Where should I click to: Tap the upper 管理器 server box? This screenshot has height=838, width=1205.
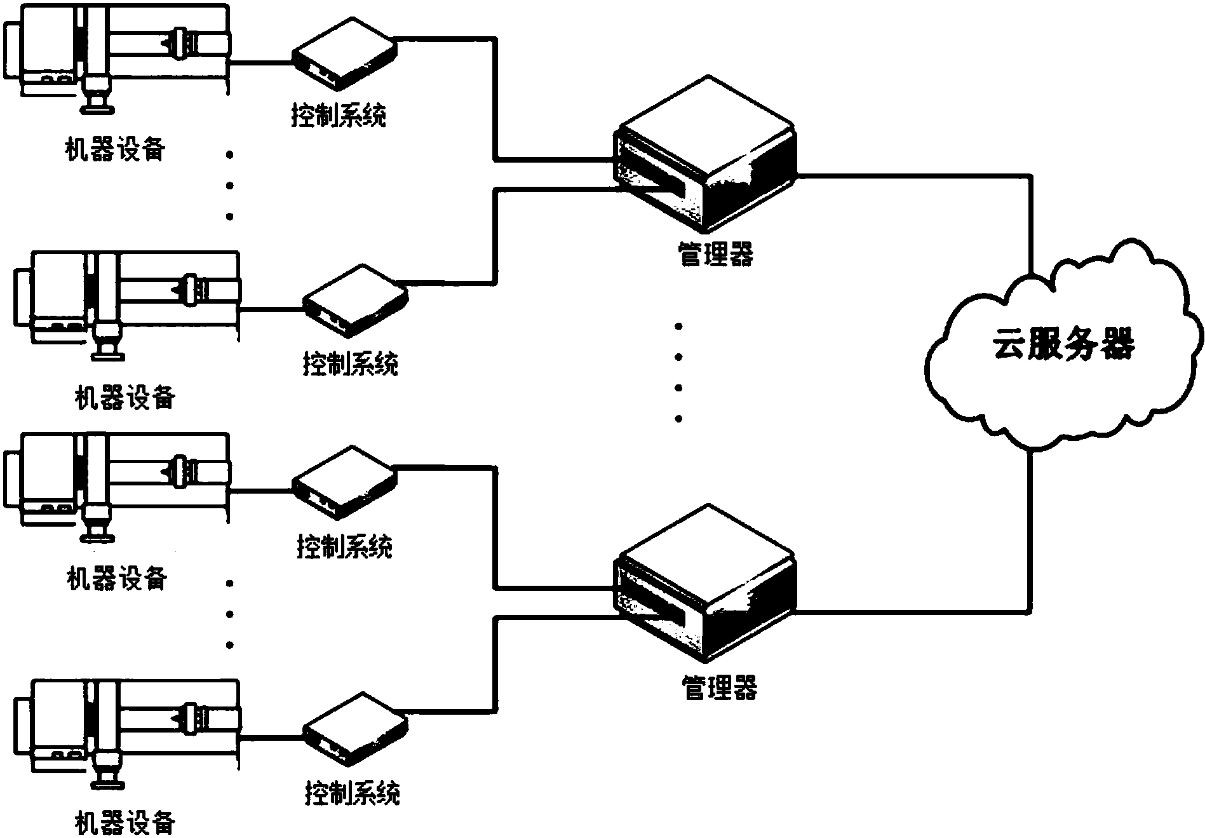point(704,153)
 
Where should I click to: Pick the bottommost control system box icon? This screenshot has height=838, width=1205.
point(354,727)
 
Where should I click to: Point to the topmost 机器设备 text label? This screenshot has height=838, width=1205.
point(116,149)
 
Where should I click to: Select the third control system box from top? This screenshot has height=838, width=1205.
point(344,480)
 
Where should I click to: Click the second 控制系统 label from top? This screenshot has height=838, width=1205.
point(350,364)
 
